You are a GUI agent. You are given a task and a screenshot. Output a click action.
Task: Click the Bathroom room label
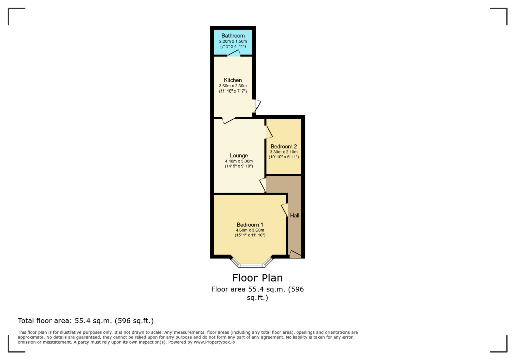(x=233, y=36)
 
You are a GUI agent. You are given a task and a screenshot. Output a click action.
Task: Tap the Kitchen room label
(x=233, y=80)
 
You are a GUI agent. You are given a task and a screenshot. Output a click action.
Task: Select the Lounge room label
(x=239, y=156)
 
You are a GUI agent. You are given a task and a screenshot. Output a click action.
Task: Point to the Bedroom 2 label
(x=284, y=146)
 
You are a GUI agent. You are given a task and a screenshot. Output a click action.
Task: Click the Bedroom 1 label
(x=250, y=225)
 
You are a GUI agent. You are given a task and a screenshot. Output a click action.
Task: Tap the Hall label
(x=295, y=215)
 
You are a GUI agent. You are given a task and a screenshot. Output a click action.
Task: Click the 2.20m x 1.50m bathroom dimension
(x=233, y=41)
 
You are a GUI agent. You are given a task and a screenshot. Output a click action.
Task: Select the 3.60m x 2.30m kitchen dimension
(x=233, y=86)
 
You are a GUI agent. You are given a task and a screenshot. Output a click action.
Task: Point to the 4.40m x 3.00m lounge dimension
(x=239, y=161)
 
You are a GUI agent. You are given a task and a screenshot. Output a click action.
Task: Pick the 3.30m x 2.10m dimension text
(x=284, y=152)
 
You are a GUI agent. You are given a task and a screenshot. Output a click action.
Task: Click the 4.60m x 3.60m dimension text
(x=250, y=230)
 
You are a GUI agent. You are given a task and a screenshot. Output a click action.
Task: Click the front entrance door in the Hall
(x=295, y=255)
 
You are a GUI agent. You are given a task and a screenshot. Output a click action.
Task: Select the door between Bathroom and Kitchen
(x=234, y=54)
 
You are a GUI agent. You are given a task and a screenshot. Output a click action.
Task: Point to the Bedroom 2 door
(x=268, y=132)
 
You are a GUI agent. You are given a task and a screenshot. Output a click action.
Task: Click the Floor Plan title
(x=257, y=278)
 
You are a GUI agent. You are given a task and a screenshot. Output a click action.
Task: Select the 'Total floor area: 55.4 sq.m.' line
(x=85, y=320)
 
